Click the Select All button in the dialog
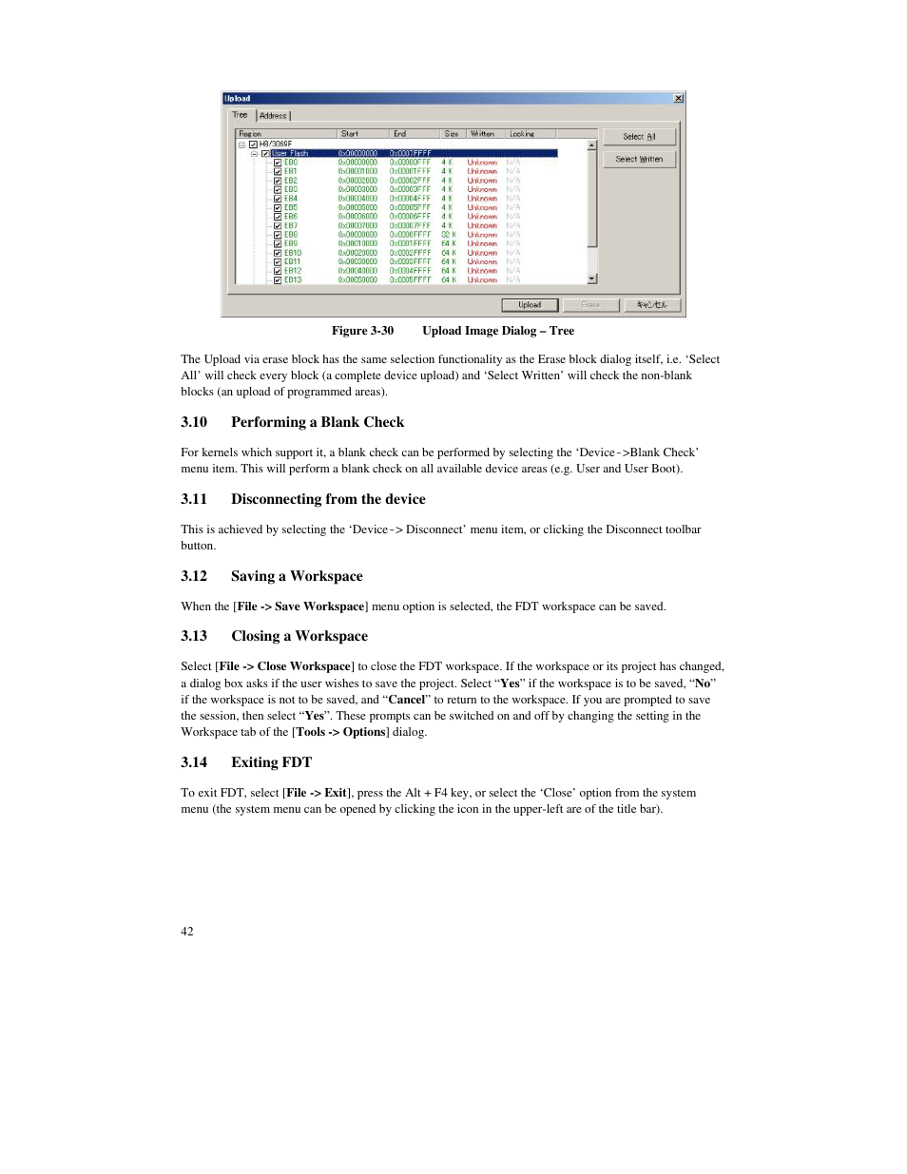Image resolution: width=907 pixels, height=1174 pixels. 639,137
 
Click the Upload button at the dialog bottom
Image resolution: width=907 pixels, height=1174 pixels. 530,305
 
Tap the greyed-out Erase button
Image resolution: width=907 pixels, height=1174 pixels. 590,305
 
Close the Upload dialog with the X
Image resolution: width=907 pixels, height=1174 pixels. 678,99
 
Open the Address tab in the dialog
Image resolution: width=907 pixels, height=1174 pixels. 274,116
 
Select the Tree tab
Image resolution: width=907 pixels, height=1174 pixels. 240,115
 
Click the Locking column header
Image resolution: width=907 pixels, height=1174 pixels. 522,134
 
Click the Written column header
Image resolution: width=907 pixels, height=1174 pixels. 482,134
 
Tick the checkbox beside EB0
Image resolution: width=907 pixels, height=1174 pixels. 278,163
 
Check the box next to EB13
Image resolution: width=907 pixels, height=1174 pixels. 278,280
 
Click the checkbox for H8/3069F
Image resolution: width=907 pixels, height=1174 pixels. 254,144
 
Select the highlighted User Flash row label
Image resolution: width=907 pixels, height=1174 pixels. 290,153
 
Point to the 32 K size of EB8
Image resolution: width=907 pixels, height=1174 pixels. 448,235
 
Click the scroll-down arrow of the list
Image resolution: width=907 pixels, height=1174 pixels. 592,279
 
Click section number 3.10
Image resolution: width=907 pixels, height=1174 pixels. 194,422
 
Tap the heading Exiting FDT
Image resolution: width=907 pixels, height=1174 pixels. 271,762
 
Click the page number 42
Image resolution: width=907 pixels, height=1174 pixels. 187,932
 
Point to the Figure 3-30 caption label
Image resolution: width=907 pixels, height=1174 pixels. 362,331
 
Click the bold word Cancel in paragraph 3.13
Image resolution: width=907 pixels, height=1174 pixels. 407,700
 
